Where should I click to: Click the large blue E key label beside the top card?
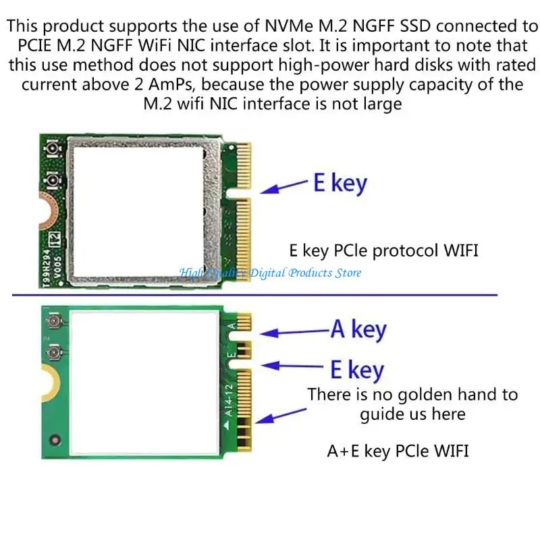pyautogui.click(x=340, y=183)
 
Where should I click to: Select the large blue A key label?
pyautogui.click(x=358, y=329)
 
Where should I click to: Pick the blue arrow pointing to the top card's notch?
pyautogui.click(x=284, y=188)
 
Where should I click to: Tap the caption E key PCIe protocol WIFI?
pyautogui.click(x=383, y=250)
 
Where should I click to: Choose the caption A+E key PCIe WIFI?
pyautogui.click(x=398, y=450)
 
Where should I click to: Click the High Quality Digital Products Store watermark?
pyautogui.click(x=270, y=273)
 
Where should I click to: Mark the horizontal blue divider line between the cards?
pyautogui.click(x=255, y=295)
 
